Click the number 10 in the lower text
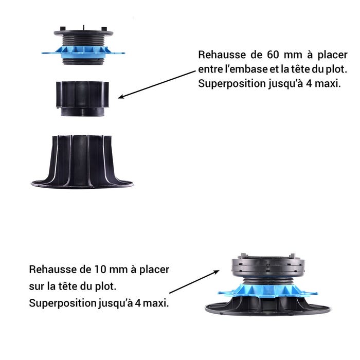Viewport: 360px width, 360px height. click(x=102, y=269)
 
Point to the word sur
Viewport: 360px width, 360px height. click(x=37, y=284)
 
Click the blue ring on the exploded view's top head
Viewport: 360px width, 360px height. click(x=82, y=51)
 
